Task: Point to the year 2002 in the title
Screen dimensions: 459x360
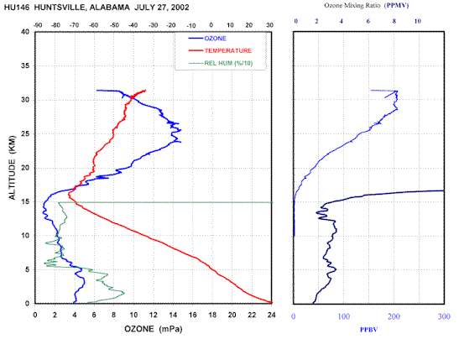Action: [180, 8]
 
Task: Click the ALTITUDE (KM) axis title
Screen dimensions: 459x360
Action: [12, 168]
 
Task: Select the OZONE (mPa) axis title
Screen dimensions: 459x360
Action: [154, 329]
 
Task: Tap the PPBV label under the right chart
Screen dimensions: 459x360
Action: [369, 330]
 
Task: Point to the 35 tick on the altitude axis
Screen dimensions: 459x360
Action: [25, 65]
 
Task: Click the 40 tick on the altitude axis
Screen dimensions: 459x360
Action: [25, 32]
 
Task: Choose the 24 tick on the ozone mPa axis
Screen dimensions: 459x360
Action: [272, 315]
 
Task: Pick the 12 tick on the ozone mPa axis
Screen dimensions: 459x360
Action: [154, 315]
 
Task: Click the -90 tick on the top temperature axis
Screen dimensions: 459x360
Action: [38, 25]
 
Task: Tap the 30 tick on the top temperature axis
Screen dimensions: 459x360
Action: [269, 25]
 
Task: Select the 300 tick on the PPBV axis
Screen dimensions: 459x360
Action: [444, 316]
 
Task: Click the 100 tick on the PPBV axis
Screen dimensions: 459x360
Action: [344, 316]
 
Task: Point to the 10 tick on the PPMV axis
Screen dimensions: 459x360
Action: [417, 21]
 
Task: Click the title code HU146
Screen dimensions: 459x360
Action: [17, 8]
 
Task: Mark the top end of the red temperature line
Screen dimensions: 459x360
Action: [145, 91]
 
